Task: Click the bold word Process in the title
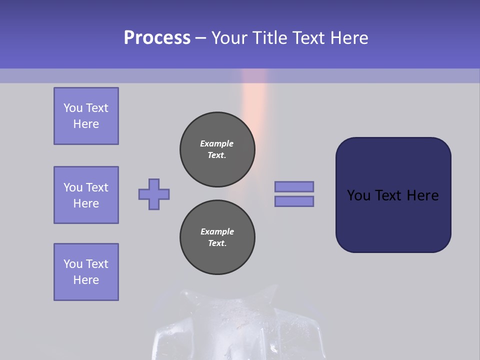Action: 157,38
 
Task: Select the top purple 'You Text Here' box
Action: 86,116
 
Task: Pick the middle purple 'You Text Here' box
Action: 86,195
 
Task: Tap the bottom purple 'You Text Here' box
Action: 86,272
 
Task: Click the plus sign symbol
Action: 154,194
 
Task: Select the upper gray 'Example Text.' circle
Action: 217,149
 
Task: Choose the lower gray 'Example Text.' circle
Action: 217,237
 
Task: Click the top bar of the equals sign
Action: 294,186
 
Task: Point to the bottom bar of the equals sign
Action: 294,201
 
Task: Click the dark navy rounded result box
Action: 393,220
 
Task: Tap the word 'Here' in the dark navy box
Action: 422,195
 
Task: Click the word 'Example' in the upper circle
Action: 217,143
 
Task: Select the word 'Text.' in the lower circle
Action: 217,243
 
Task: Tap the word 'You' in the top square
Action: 73,108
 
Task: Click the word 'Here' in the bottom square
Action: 86,280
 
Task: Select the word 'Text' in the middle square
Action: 97,187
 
